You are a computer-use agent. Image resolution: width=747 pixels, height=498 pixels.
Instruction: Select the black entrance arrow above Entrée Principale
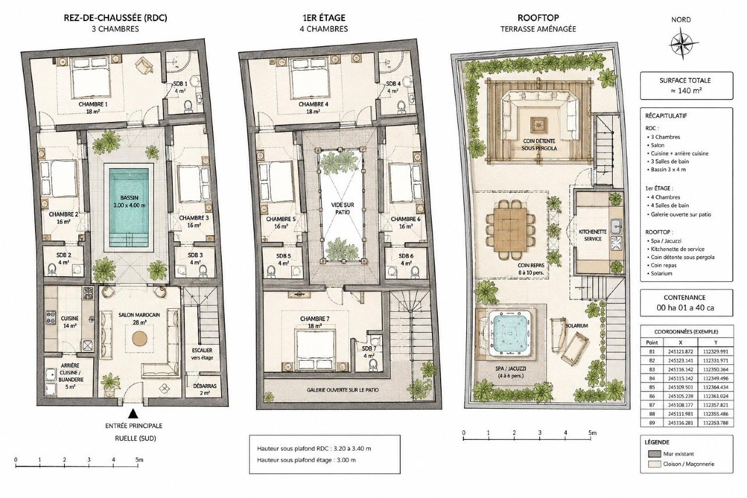click(x=134, y=413)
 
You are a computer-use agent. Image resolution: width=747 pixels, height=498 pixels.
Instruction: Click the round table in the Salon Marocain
click(x=139, y=339)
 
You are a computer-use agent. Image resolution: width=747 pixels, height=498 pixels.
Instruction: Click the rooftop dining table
click(x=511, y=229)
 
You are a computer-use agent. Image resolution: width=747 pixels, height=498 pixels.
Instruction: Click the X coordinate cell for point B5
click(x=680, y=387)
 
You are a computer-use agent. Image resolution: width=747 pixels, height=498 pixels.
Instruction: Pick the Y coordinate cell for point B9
click(x=715, y=423)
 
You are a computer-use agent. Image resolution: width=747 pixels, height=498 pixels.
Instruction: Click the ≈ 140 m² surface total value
click(x=686, y=90)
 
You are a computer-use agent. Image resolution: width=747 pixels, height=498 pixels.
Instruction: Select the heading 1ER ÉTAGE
click(x=323, y=18)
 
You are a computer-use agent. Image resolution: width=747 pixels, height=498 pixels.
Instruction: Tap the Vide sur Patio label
click(x=343, y=208)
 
